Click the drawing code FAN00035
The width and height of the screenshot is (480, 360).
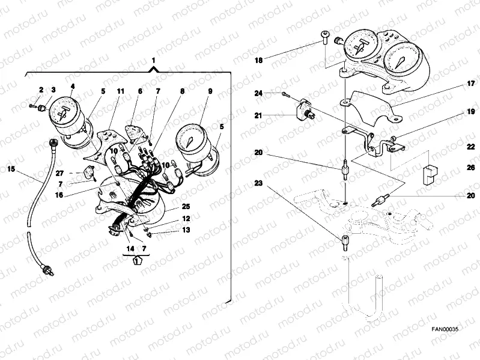point(445,329)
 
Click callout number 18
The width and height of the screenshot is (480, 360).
point(259,60)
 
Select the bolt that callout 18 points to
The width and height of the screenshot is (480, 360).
point(325,37)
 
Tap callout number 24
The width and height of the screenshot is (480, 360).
point(259,93)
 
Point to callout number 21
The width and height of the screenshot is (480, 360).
point(259,115)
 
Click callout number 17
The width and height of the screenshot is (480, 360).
point(471,84)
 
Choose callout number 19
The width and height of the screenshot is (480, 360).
point(471,112)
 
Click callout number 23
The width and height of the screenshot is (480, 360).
point(259,183)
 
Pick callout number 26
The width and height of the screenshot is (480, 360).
point(471,168)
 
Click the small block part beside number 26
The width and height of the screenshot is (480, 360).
point(430,175)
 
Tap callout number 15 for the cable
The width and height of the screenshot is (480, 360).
point(11,169)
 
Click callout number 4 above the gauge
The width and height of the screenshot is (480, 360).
point(73,87)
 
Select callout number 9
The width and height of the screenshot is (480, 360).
point(210,91)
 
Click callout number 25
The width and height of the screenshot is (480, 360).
point(186,206)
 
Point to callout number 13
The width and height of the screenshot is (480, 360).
point(186,230)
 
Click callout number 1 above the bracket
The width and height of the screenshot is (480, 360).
point(153,60)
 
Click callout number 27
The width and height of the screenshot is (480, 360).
point(59,173)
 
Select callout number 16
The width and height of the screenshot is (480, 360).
point(59,195)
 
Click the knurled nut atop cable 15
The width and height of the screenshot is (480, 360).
point(53,142)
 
